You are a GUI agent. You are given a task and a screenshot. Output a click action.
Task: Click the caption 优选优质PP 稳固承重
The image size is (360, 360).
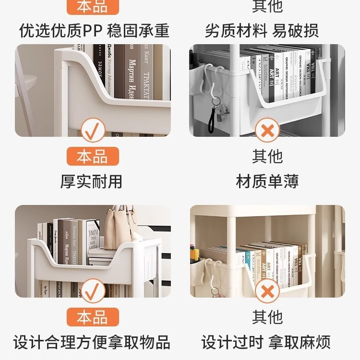[x=94, y=31]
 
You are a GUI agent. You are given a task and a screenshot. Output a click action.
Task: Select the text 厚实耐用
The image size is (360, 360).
[x=91, y=181]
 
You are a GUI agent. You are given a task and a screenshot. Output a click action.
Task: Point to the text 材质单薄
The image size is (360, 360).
[x=267, y=181]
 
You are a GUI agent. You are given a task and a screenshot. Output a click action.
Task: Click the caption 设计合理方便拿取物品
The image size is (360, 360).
[x=91, y=343]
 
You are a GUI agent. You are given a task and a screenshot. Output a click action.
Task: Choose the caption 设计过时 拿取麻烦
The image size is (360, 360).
[x=266, y=343]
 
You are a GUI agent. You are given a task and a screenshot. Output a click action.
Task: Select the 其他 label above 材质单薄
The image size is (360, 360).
[x=267, y=156]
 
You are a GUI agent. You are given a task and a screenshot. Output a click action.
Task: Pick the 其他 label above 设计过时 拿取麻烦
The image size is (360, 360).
[x=267, y=317]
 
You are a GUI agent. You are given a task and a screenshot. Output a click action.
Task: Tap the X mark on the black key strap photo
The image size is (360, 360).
[x=267, y=130]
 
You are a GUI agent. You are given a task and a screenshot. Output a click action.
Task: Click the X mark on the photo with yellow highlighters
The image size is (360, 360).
[x=267, y=291]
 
